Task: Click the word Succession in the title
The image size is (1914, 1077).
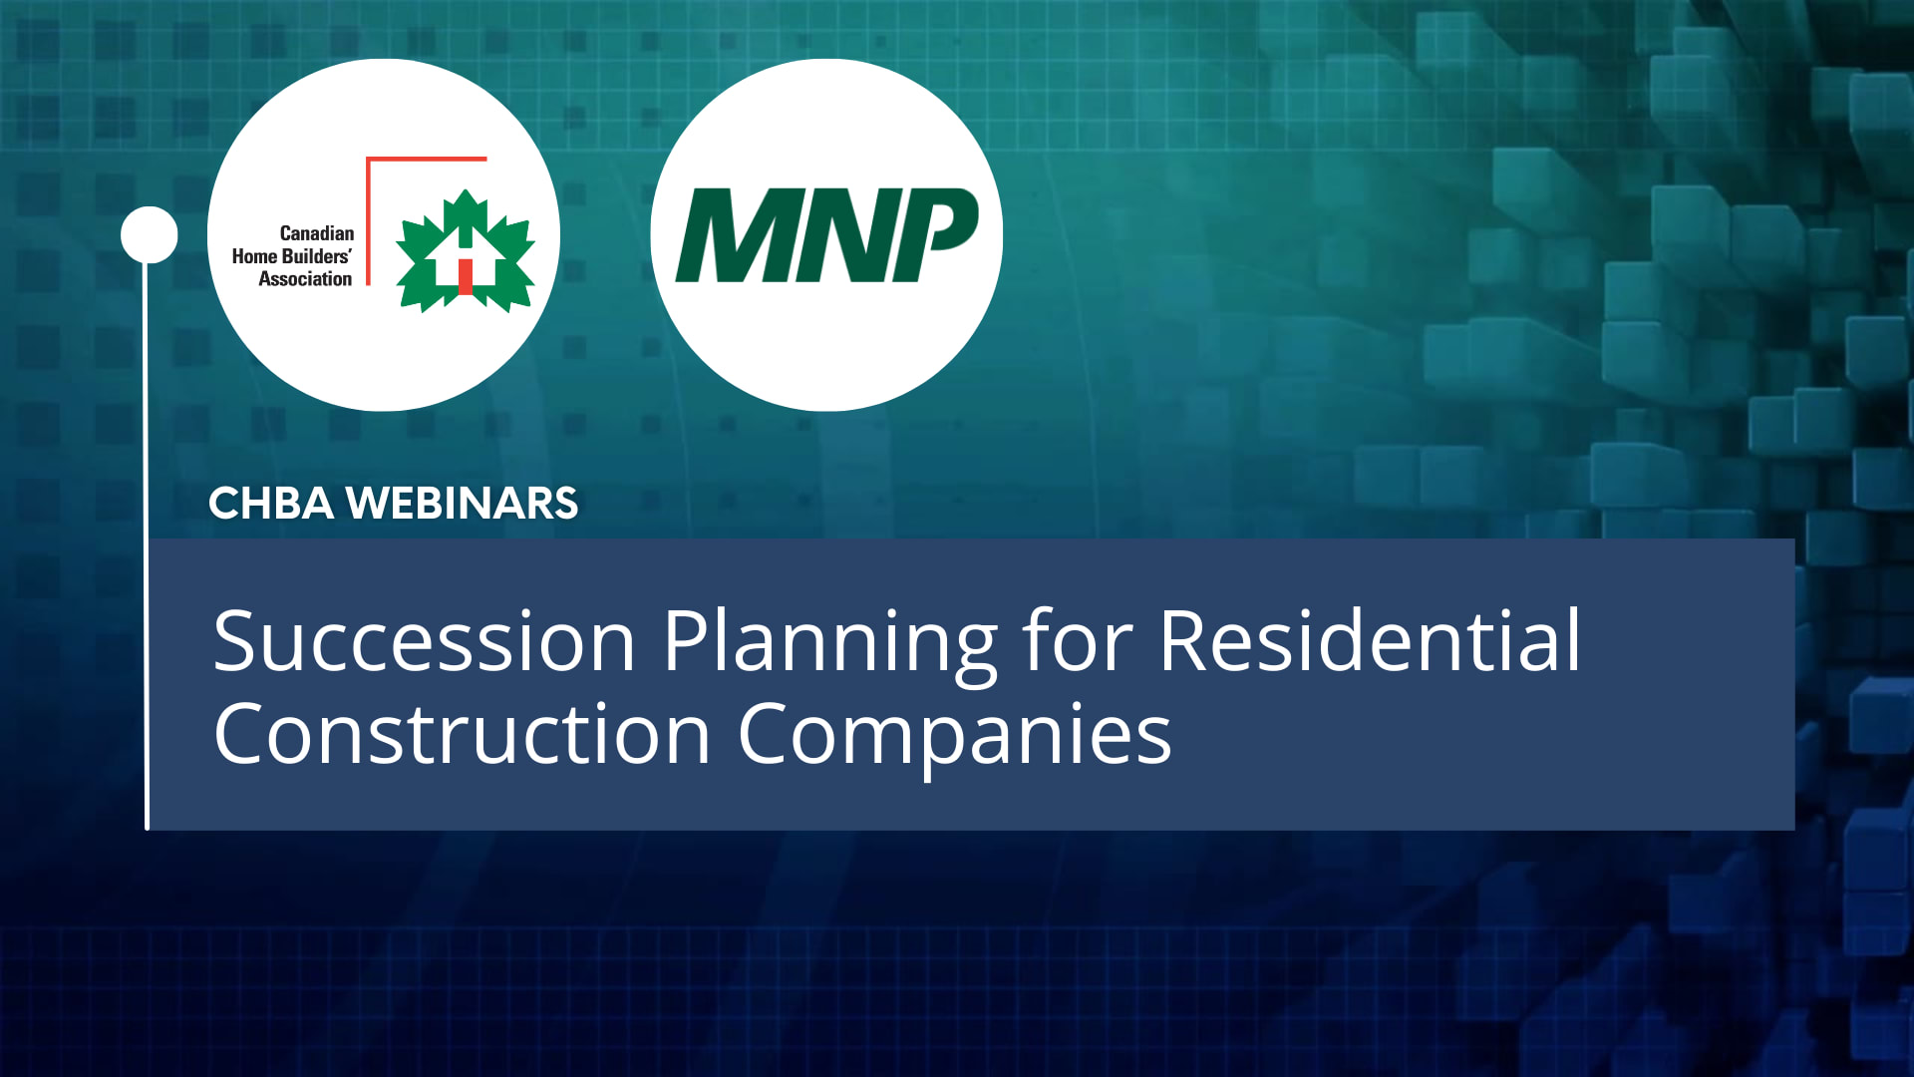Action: pyautogui.click(x=424, y=642)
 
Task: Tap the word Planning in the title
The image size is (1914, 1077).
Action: pyautogui.click(x=829, y=642)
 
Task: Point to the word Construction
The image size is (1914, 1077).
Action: pyautogui.click(x=462, y=735)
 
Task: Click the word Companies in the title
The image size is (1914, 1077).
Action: pyautogui.click(x=954, y=735)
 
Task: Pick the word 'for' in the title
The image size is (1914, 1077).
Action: pyautogui.click(x=1078, y=642)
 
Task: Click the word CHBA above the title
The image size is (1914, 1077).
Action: pyautogui.click(x=270, y=504)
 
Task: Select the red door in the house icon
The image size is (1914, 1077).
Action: pyautogui.click(x=466, y=276)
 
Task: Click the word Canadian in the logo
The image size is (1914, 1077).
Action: pyautogui.click(x=316, y=233)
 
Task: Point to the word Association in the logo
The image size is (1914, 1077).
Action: pyautogui.click(x=305, y=279)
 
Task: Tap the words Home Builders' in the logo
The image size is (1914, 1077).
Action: pyautogui.click(x=291, y=256)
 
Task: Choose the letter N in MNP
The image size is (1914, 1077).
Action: pyautogui.click(x=843, y=236)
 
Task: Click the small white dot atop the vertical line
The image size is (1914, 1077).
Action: pyautogui.click(x=150, y=235)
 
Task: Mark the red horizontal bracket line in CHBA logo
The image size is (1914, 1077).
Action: pyautogui.click(x=427, y=159)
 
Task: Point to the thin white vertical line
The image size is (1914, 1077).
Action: pyautogui.click(x=147, y=548)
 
